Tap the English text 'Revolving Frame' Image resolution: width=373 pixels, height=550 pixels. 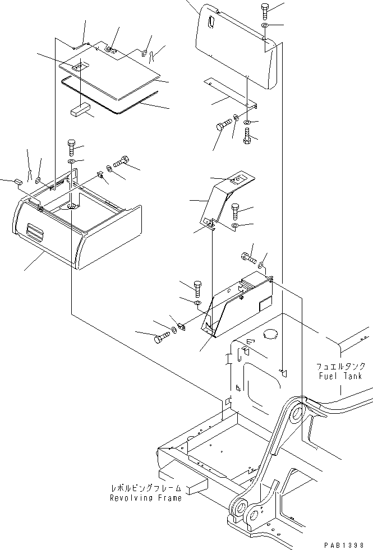(x=145, y=498)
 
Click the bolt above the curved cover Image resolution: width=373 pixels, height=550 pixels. (x=265, y=11)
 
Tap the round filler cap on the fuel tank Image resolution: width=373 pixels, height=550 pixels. (x=269, y=334)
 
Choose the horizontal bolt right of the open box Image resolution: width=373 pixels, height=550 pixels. (x=122, y=163)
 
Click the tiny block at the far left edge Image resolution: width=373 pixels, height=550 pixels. (x=18, y=182)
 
